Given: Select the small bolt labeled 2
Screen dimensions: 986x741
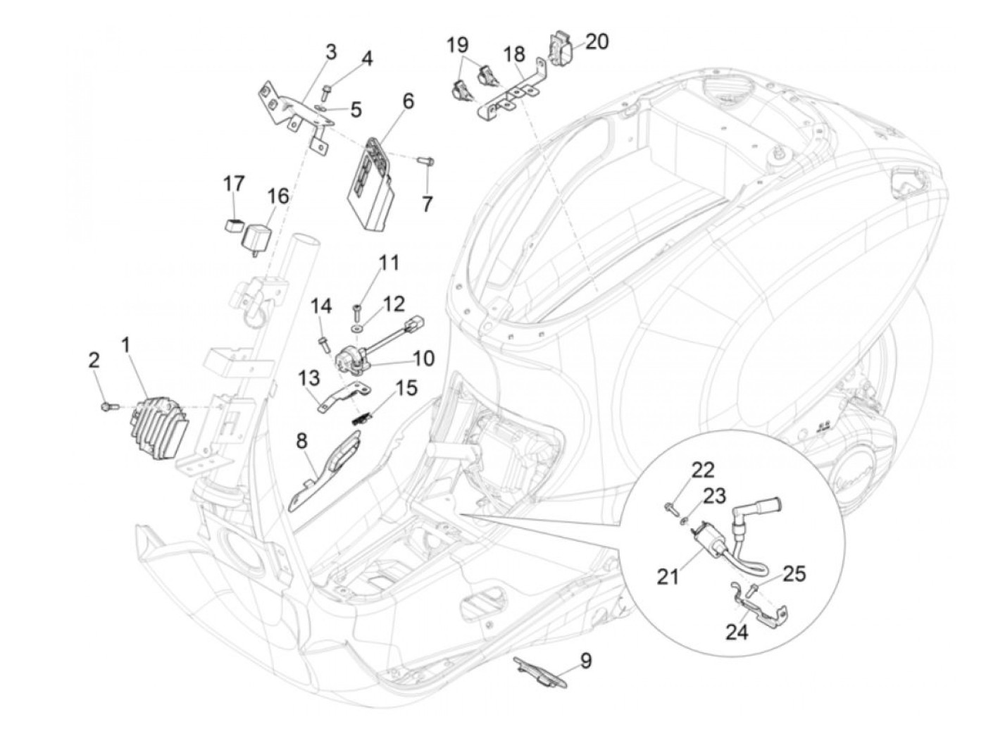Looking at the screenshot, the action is pos(108,406).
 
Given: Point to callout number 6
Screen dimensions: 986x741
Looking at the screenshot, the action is pos(407,101).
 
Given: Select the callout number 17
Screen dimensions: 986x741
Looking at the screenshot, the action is pos(234,183).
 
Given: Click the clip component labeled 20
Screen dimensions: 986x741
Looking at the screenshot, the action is pos(562,47).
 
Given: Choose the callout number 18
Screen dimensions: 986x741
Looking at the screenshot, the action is pos(515,54).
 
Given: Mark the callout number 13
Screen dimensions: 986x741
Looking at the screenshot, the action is pos(308,378).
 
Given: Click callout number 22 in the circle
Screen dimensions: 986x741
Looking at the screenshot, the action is pos(703,471).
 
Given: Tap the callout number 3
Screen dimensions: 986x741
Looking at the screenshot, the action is pos(331,53).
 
